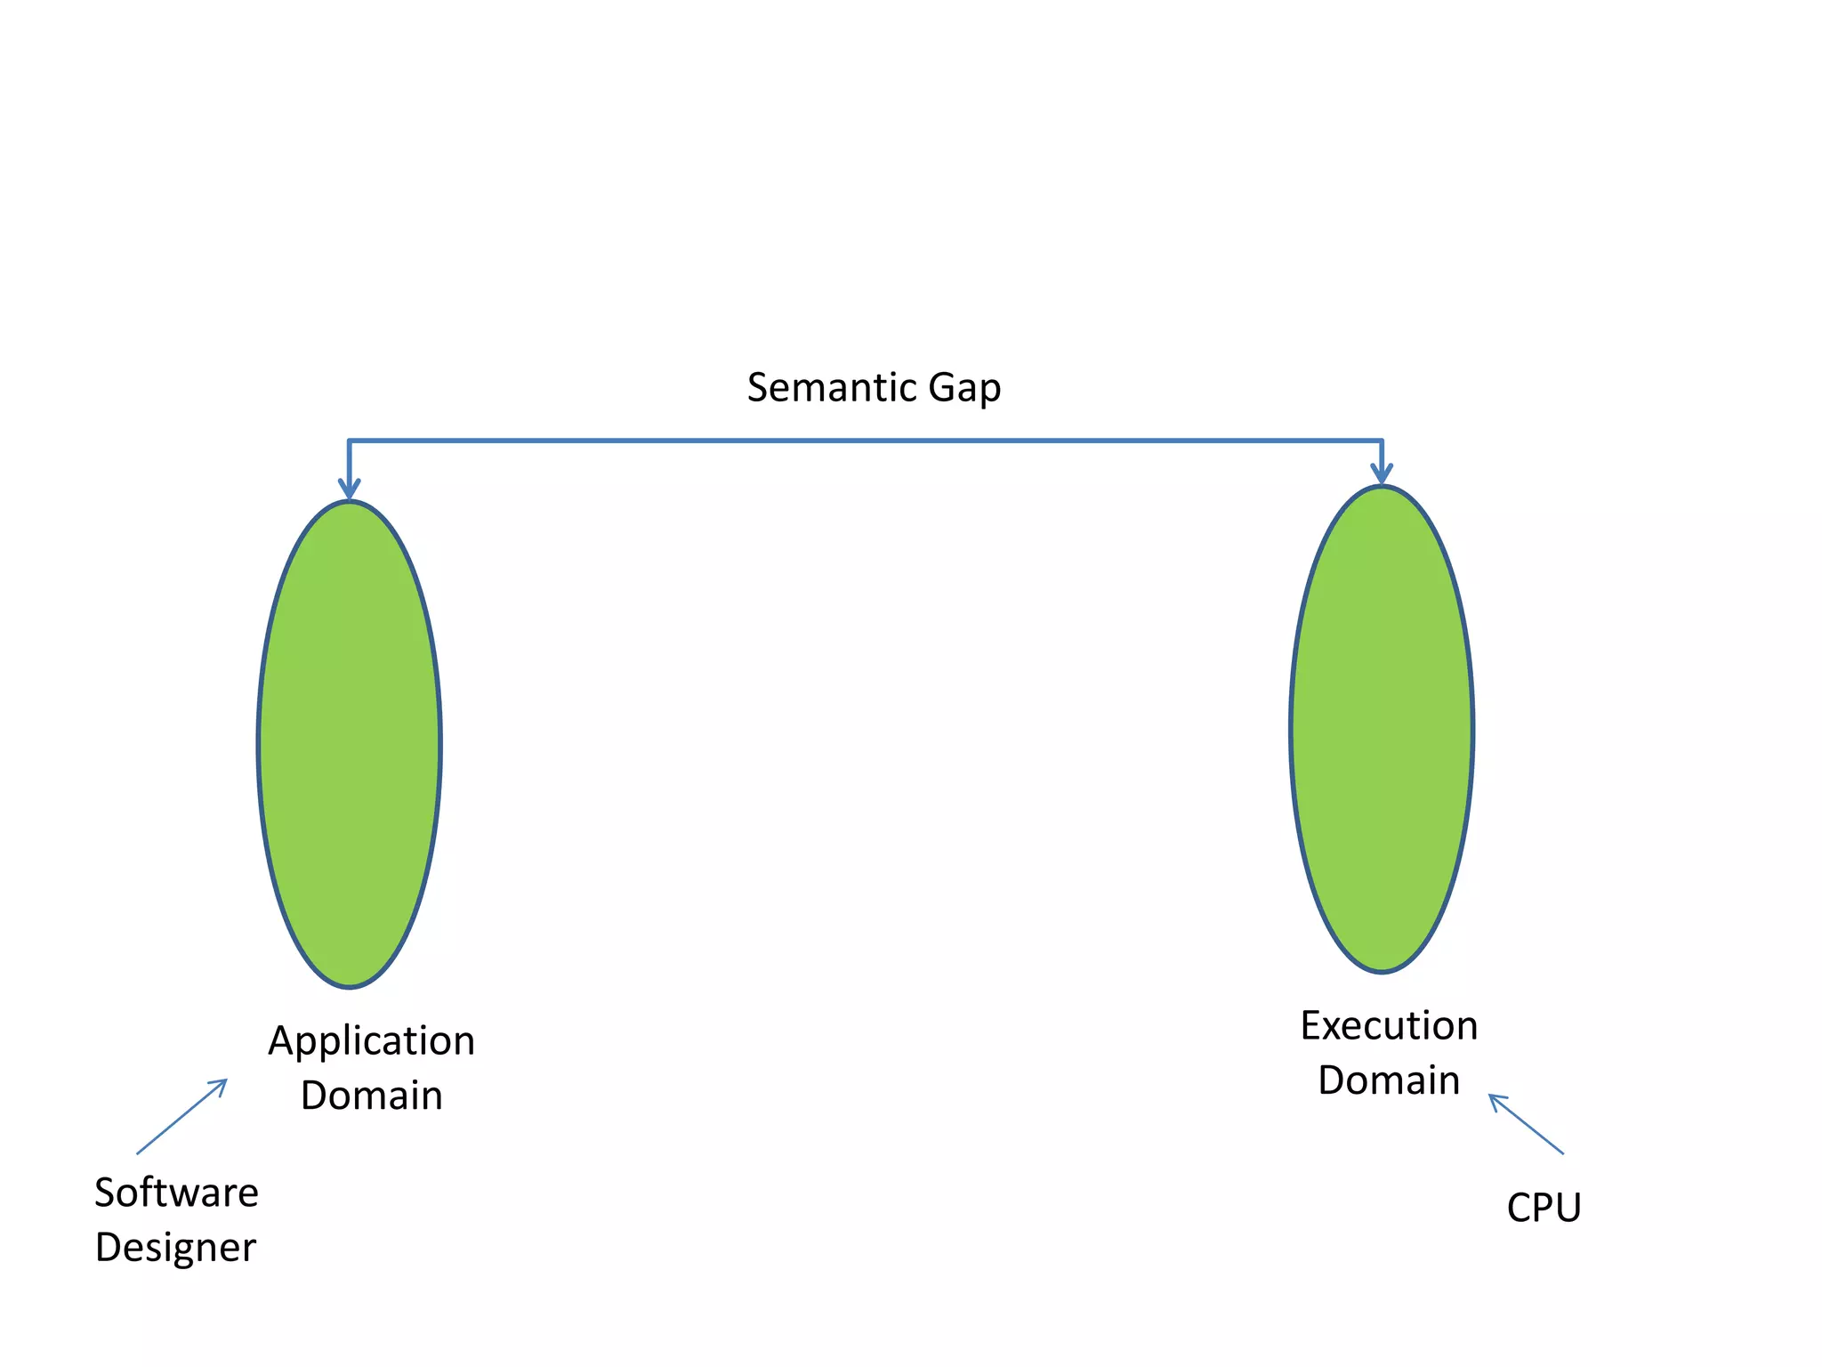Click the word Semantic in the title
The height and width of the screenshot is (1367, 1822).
click(831, 388)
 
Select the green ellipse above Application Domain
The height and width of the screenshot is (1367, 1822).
click(350, 744)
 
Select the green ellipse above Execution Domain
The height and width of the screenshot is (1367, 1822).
click(1382, 729)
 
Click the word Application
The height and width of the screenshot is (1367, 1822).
click(372, 1041)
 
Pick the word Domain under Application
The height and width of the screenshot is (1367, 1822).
click(372, 1096)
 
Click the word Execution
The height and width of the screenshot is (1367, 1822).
click(1389, 1026)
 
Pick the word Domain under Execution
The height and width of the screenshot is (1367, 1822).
click(1389, 1080)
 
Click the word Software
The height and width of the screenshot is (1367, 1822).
click(176, 1193)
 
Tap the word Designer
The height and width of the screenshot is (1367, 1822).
click(175, 1248)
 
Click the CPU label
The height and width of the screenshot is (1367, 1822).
click(1544, 1208)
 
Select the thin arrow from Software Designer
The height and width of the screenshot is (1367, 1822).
click(181, 1117)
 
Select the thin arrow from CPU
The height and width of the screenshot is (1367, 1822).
click(1527, 1124)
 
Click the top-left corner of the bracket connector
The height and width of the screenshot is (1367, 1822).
click(349, 440)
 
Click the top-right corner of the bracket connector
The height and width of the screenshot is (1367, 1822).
click(1382, 440)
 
